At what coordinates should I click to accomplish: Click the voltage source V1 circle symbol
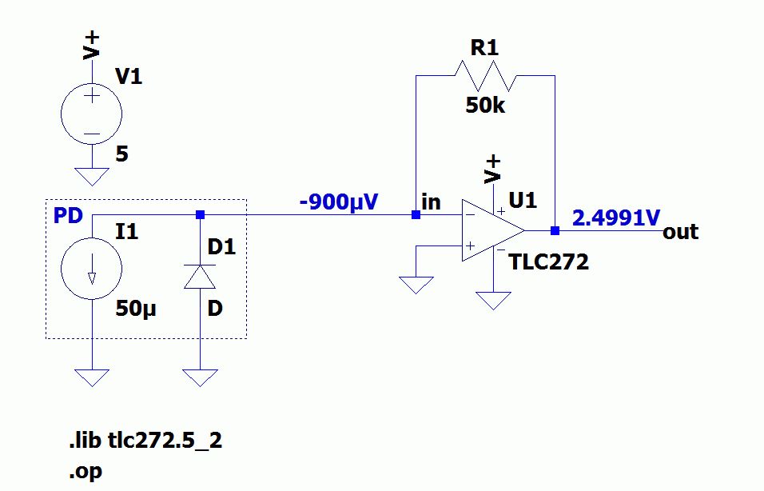92,114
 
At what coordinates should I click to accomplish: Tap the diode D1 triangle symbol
200,275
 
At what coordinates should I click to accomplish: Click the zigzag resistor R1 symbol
485,77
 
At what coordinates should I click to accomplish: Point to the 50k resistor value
485,105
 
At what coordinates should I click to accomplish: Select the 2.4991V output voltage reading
615,217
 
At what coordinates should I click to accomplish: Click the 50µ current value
136,309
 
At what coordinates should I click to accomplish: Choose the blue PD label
68,217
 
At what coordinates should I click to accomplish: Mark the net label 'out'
680,232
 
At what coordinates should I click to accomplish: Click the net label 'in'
431,202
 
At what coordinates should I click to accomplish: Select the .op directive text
86,471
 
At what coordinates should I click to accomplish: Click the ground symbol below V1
92,176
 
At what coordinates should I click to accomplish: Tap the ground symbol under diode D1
200,377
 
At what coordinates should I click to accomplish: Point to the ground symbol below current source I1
92,377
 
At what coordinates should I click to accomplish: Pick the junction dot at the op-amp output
554,230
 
